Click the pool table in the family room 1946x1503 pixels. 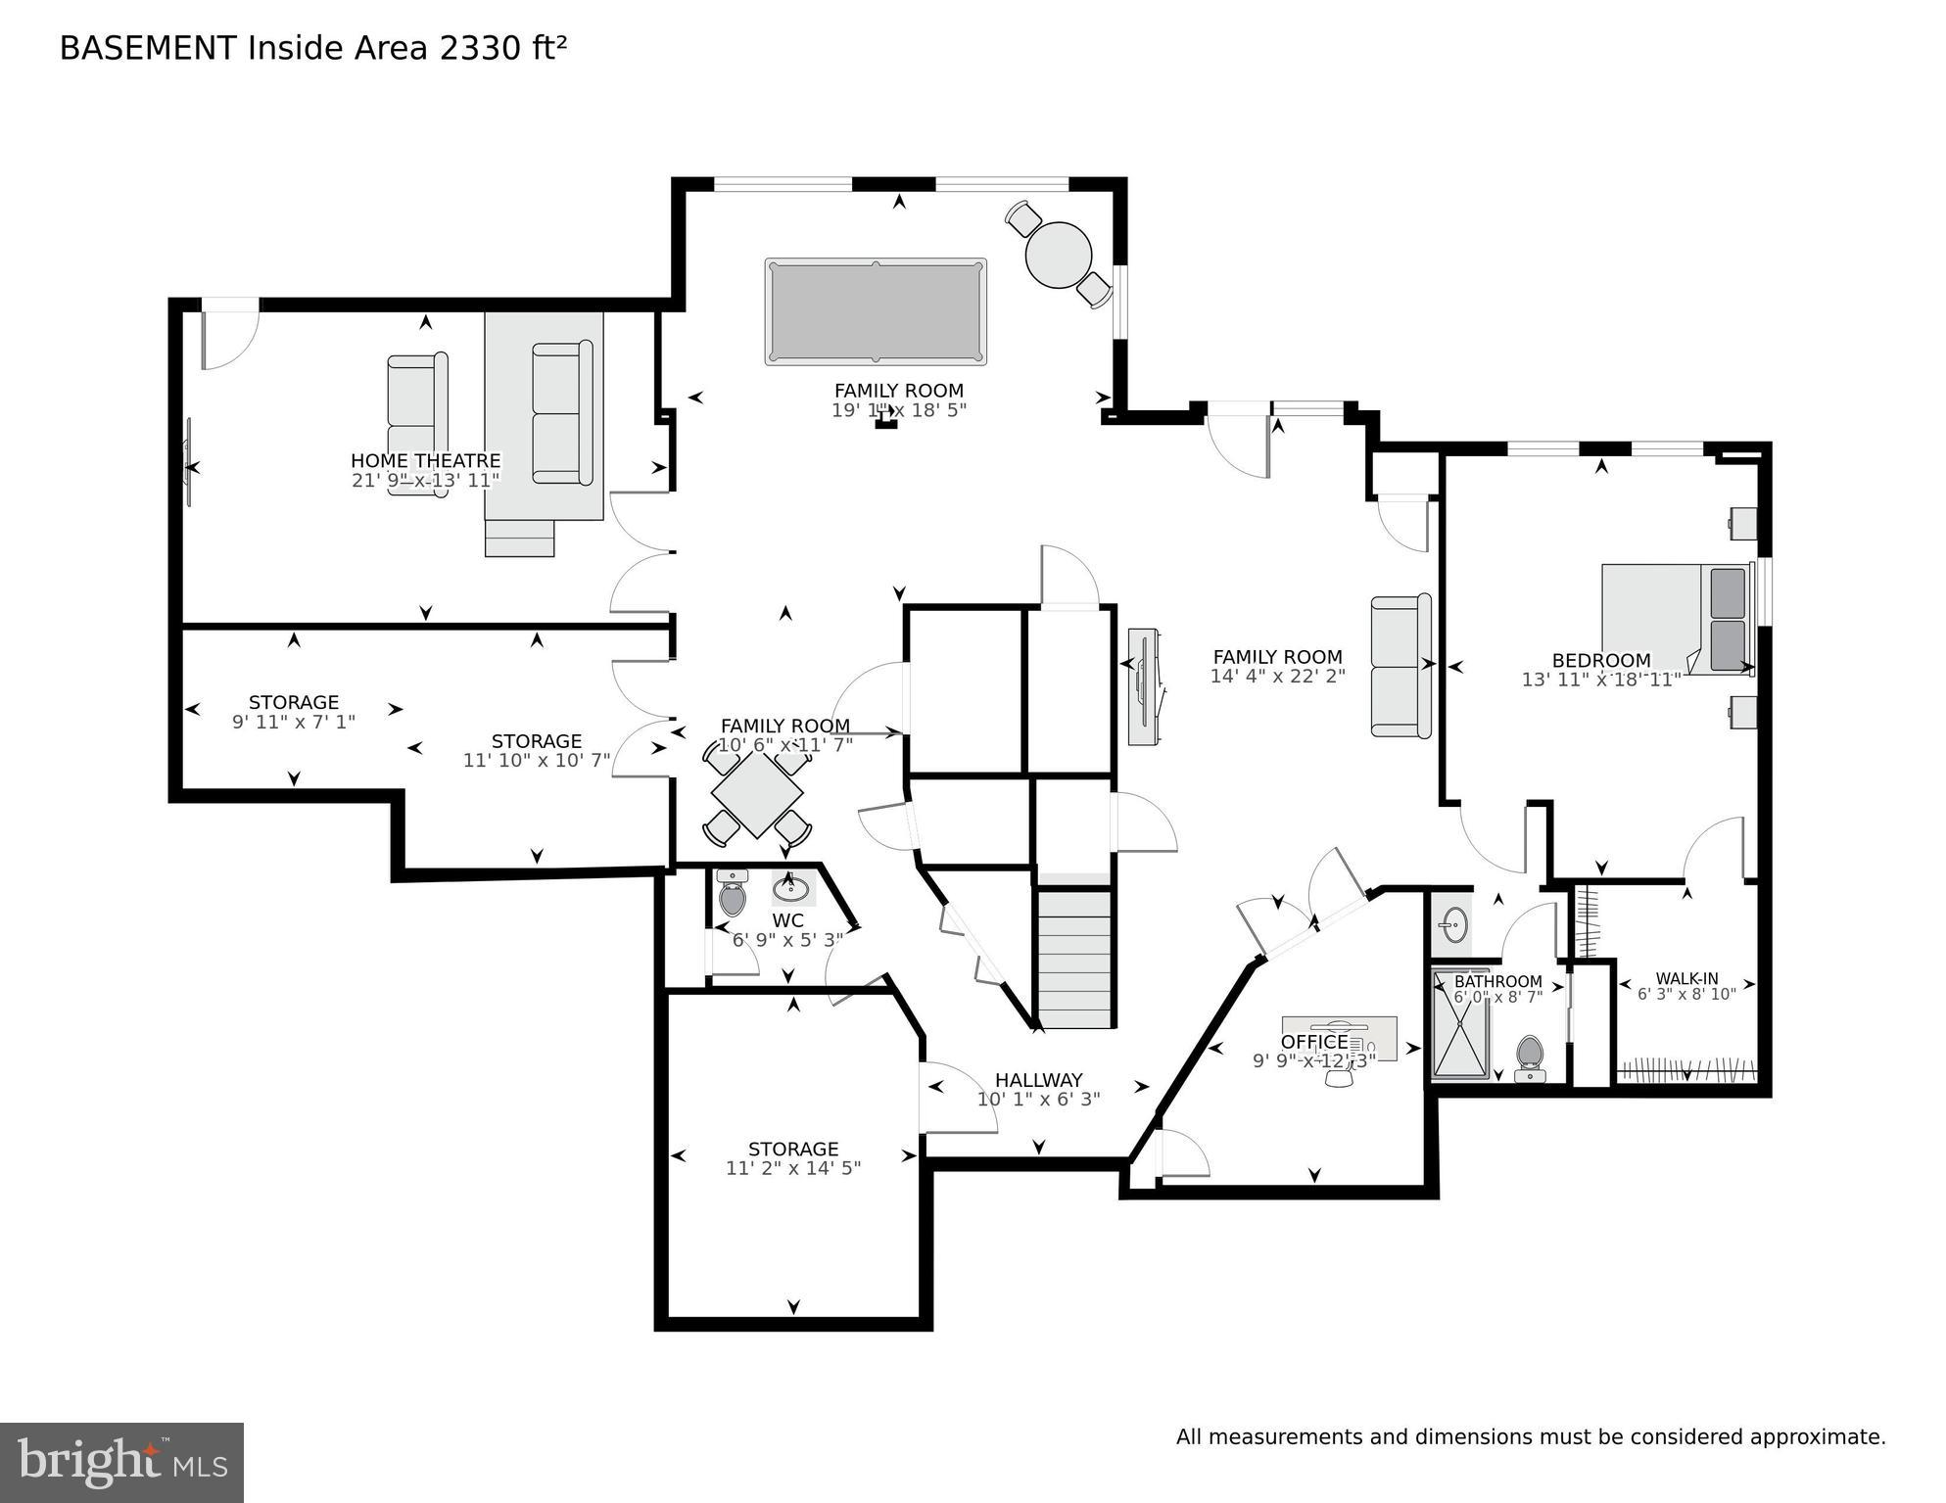[x=876, y=311]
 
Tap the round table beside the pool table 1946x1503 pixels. [x=1059, y=255]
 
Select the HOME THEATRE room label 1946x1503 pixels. [x=426, y=460]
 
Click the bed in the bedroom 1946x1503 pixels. [x=1678, y=619]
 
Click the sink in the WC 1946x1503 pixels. [x=791, y=887]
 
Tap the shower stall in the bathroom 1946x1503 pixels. [x=1461, y=1024]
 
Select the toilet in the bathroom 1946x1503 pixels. [x=1530, y=1058]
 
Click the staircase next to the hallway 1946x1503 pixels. [x=1075, y=958]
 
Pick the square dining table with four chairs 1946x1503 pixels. [x=757, y=793]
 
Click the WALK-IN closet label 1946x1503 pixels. [x=1686, y=978]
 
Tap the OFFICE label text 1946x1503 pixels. [x=1314, y=1042]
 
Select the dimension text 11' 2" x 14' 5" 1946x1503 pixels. [x=793, y=1168]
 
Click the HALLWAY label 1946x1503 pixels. [x=1039, y=1080]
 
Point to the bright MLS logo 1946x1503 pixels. [x=121, y=1463]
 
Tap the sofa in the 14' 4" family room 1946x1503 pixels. [x=1401, y=666]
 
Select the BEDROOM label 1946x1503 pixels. [x=1601, y=661]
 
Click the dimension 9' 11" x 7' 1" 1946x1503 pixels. [x=294, y=722]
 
